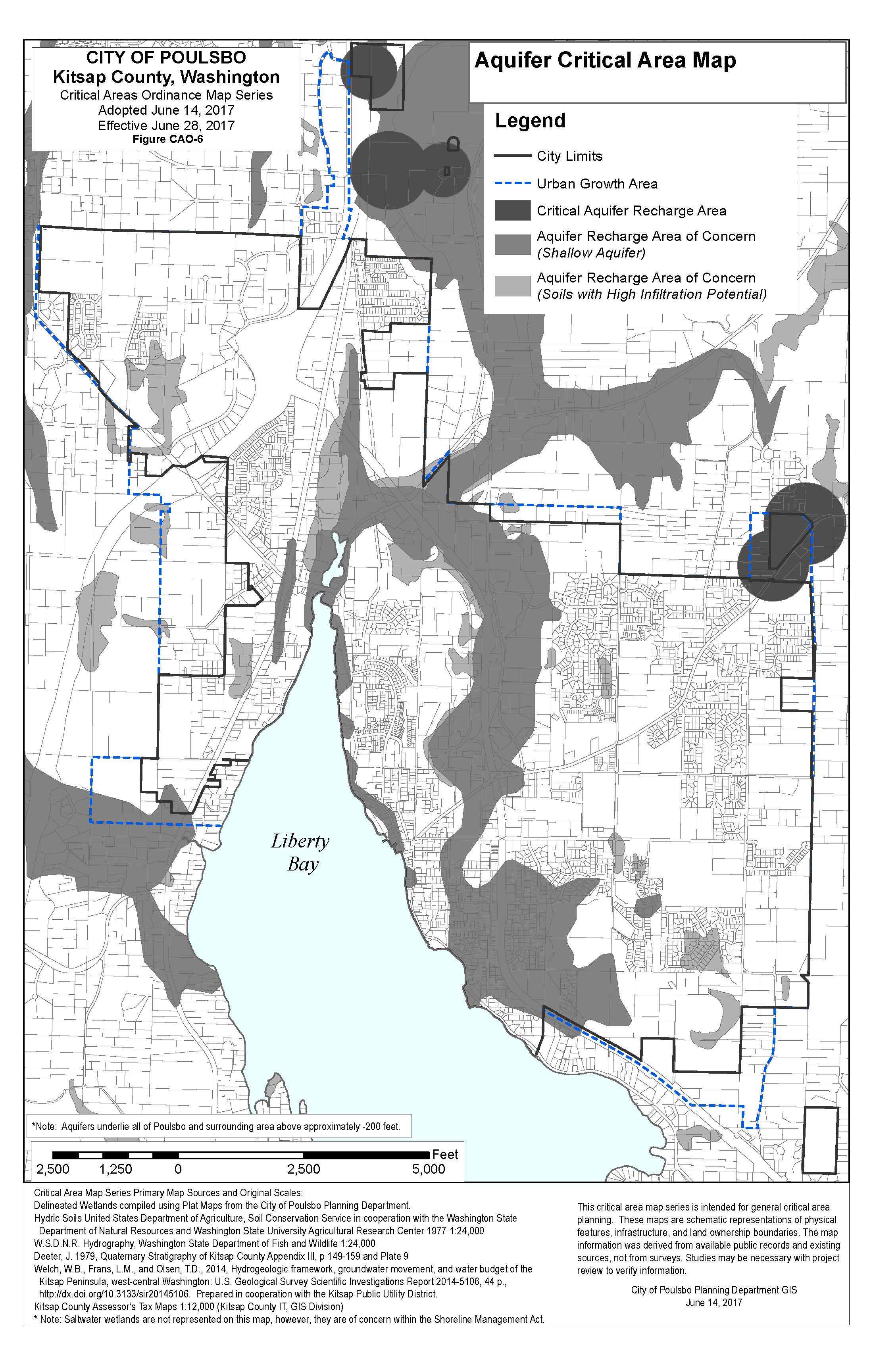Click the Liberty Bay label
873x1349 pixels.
pos(300,852)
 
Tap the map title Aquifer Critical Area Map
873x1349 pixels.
pos(605,60)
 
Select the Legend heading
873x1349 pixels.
pos(530,121)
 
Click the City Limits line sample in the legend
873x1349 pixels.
pos(512,156)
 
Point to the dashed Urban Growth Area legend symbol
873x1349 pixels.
pos(512,184)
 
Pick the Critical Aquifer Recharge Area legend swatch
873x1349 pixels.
pos(512,211)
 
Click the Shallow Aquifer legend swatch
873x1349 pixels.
pos(512,244)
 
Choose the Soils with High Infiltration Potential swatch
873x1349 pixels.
pos(512,286)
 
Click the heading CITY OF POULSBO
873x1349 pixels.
pos(166,57)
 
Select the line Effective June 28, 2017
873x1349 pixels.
pos(166,125)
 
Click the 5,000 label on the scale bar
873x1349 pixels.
pos(429,1169)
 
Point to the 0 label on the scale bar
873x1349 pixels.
pos(178,1169)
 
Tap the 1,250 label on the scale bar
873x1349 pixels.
pos(115,1169)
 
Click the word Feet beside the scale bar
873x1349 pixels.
pos(445,1155)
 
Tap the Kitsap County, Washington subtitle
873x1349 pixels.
pos(166,77)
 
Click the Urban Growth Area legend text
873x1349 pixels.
pos(597,184)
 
